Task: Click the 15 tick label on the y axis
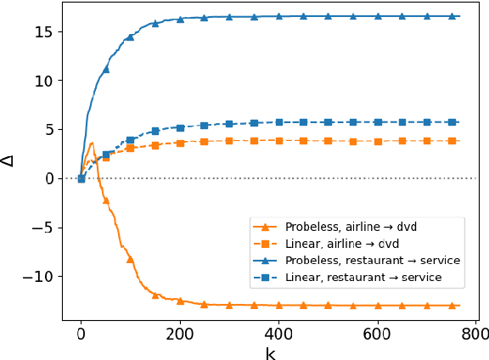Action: click(x=47, y=32)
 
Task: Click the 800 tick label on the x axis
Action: click(x=476, y=335)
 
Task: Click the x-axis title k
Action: click(x=270, y=352)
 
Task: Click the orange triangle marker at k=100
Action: click(x=130, y=259)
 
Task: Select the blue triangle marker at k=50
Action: click(x=106, y=69)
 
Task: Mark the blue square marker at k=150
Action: click(x=155, y=132)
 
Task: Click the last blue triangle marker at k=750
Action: click(x=452, y=16)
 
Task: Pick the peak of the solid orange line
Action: click(x=92, y=143)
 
